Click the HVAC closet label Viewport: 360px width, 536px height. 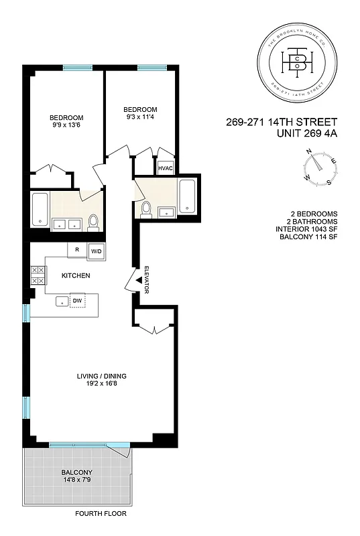click(165, 167)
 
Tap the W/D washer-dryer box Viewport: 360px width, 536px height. click(97, 251)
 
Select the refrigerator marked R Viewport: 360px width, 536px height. click(78, 251)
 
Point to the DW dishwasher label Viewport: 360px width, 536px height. click(78, 301)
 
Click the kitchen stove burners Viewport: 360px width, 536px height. click(38, 275)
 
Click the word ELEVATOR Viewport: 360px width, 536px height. click(145, 279)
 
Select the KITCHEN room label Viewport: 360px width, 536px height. click(76, 275)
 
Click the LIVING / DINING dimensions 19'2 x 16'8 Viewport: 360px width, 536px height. click(101, 385)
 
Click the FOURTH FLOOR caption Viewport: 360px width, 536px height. click(101, 514)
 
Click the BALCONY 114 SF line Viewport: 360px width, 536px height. click(307, 237)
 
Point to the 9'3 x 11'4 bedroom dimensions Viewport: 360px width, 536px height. click(140, 117)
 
